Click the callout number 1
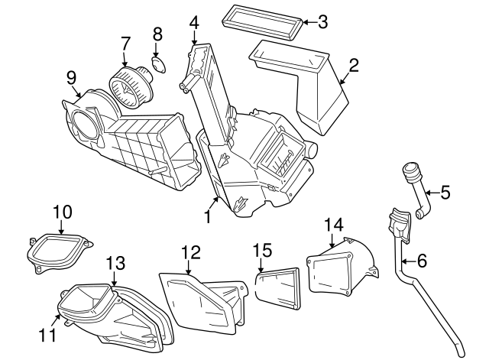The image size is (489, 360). pyautogui.click(x=207, y=217)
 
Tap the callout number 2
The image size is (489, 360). pyautogui.click(x=354, y=65)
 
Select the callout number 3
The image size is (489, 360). pyautogui.click(x=322, y=22)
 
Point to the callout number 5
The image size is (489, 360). pyautogui.click(x=445, y=193)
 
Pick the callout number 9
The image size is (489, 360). pyautogui.click(x=71, y=76)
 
